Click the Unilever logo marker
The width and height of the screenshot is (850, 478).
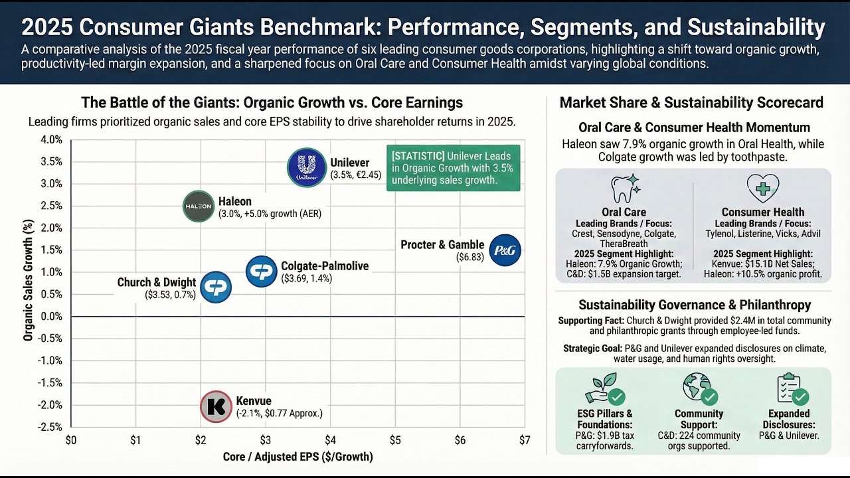pos(307,167)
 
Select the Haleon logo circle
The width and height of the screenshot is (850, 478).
pos(199,206)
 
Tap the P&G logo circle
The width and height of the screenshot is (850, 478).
pos(505,250)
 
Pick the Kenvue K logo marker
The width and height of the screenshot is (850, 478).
pos(216,407)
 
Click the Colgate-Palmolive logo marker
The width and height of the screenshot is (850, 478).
pos(262,272)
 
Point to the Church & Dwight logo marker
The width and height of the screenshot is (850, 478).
pos(216,287)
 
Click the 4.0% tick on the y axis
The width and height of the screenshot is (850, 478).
pos(51,140)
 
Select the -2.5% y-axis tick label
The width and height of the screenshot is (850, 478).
pos(50,427)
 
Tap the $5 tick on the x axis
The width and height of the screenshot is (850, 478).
pos(395,440)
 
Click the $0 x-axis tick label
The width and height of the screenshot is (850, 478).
pos(71,440)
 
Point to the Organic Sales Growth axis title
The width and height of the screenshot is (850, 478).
pos(29,280)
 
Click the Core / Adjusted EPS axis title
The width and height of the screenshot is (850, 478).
pos(298,457)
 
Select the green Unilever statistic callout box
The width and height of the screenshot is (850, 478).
pos(454,168)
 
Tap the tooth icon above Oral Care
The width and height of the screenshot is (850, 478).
pos(625,189)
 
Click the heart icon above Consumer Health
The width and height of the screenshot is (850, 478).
pos(763,189)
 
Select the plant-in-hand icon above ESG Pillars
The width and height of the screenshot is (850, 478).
pos(605,389)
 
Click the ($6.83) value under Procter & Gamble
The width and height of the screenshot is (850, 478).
pos(470,257)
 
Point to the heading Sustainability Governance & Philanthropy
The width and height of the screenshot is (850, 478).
pos(695,305)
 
